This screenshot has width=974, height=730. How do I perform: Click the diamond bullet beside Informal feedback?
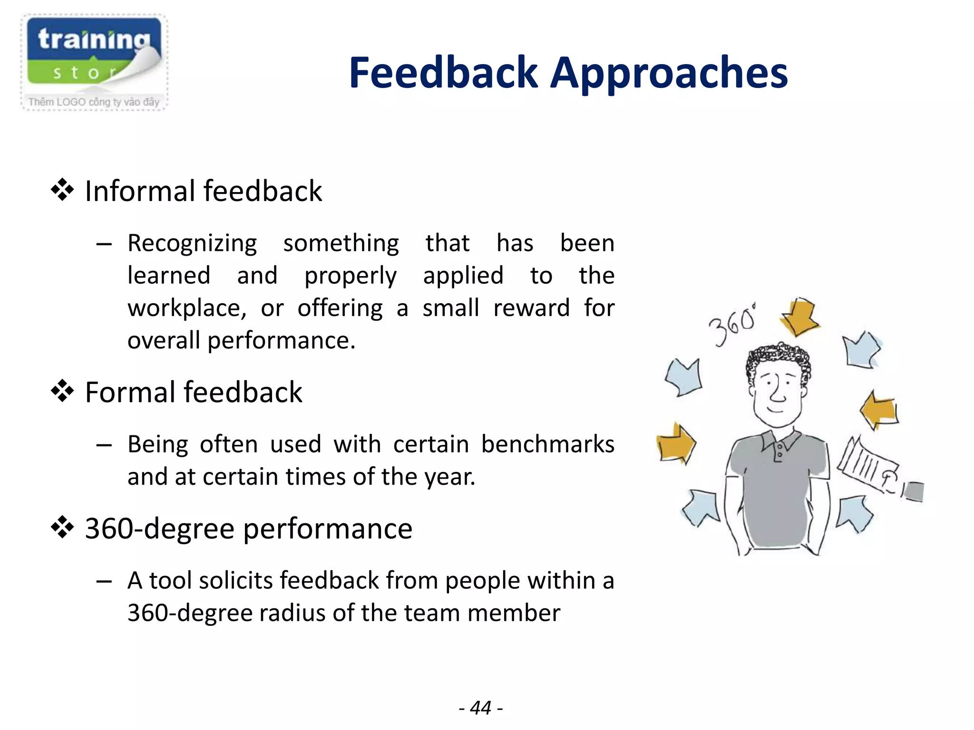62,191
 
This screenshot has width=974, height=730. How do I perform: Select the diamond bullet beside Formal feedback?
62,392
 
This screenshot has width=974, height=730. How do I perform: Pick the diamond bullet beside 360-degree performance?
62,528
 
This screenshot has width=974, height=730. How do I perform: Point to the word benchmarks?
547,444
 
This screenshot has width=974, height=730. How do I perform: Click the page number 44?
480,708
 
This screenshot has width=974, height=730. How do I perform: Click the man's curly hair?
779,356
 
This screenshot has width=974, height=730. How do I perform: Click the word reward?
531,308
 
